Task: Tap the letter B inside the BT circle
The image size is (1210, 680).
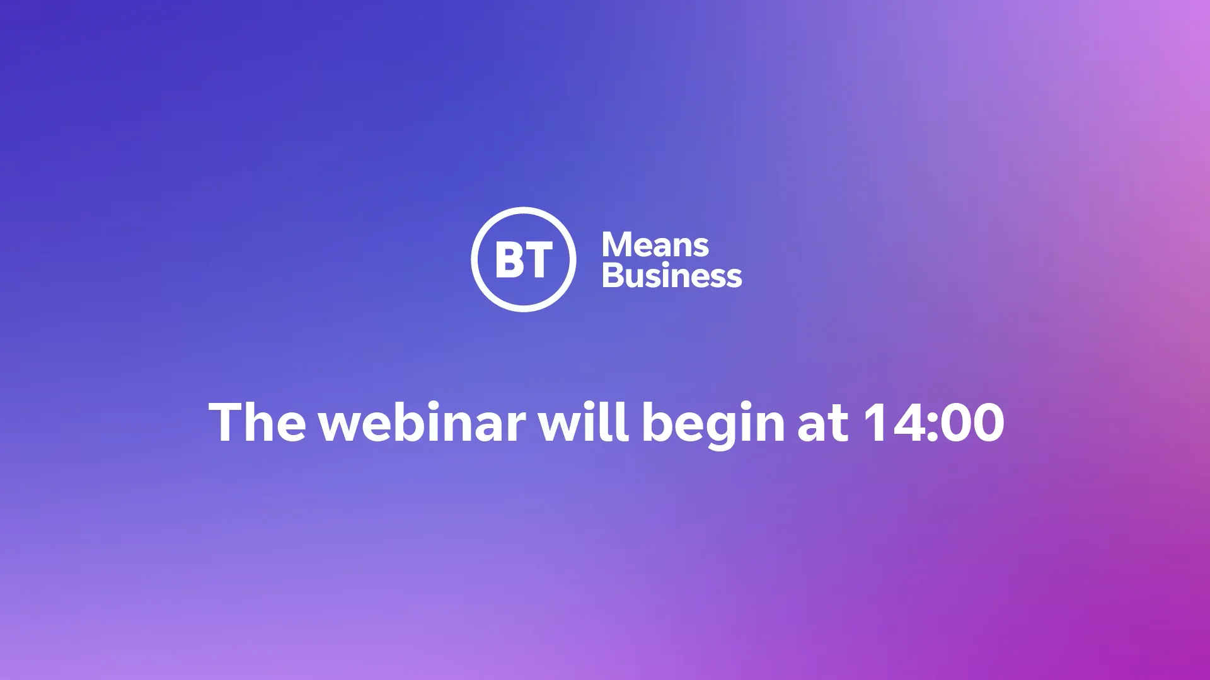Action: [x=509, y=259]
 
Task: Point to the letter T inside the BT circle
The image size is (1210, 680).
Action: [x=538, y=259]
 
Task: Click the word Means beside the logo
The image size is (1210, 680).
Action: [x=655, y=244]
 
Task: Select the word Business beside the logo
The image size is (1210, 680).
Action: [x=672, y=276]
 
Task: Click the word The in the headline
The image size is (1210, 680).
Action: [x=257, y=422]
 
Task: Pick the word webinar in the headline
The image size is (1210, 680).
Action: [x=422, y=422]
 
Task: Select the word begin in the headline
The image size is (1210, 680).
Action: [x=713, y=425]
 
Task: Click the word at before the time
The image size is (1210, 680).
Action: [x=823, y=424]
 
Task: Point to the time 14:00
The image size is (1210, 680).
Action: [x=933, y=422]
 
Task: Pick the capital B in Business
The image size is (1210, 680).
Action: [x=613, y=275]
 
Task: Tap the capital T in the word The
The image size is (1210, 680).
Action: [x=225, y=422]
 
